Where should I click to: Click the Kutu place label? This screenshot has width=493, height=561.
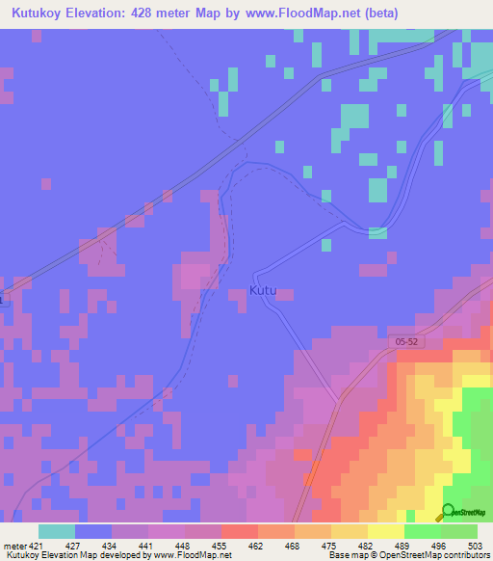pyautogui.click(x=269, y=290)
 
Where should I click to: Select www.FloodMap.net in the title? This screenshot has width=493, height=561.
pyautogui.click(x=310, y=13)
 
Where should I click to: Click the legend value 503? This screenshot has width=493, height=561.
pyautogui.click(x=477, y=545)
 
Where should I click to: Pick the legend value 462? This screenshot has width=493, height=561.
pyautogui.click(x=257, y=545)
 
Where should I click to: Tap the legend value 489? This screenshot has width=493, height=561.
pyautogui.click(x=403, y=545)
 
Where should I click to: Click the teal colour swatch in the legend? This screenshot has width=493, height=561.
pyautogui.click(x=57, y=531)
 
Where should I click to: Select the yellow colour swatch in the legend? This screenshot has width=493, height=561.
pyautogui.click(x=385, y=531)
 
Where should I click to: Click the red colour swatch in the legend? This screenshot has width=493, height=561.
pyautogui.click(x=240, y=531)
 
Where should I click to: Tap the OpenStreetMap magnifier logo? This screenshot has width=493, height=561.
pyautogui.click(x=448, y=514)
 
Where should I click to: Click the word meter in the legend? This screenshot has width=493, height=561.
pyautogui.click(x=13, y=545)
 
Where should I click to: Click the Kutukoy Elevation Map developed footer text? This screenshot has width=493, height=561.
pyautogui.click(x=116, y=554)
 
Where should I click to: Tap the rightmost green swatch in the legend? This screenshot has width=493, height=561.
pyautogui.click(x=459, y=531)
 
